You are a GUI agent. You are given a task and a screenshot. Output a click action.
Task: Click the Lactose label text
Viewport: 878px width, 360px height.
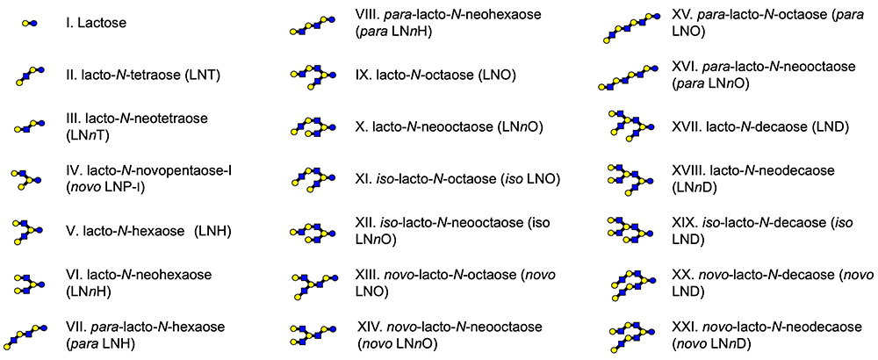coord(101,23)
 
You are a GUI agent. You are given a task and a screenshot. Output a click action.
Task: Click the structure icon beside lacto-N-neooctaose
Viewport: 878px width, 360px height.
coord(313,127)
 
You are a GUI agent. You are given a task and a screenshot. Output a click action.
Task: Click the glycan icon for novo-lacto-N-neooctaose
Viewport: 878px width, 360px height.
coord(313,335)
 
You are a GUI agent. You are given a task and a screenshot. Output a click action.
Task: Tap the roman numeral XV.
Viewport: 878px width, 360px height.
coord(685,16)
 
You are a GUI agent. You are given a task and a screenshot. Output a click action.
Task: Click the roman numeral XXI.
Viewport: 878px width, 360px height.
coord(687,326)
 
